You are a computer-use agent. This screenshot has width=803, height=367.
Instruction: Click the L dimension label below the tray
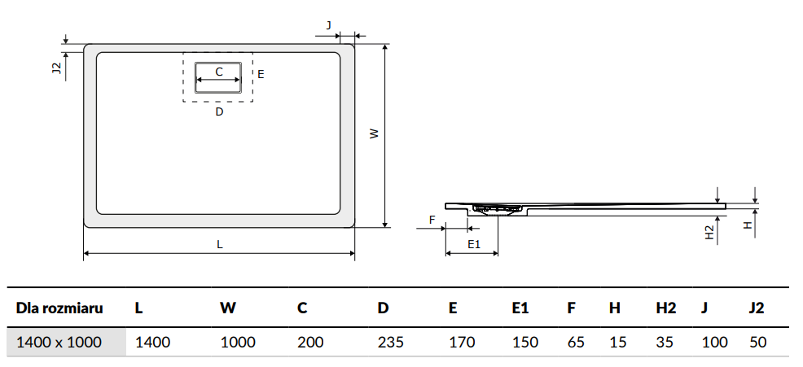coord(219,244)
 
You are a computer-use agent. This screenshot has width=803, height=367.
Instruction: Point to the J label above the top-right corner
coord(328,25)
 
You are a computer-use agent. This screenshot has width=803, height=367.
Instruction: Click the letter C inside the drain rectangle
coord(219,72)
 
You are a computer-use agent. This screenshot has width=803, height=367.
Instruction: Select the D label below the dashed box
coord(219,111)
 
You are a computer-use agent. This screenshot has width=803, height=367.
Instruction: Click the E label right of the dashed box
coord(261,74)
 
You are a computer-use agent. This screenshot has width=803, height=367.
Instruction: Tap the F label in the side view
coord(432,219)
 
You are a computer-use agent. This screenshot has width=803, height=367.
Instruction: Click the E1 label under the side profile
coord(473,244)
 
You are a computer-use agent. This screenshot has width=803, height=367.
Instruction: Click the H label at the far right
coord(747,225)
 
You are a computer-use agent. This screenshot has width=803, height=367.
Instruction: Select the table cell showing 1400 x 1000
coord(59,342)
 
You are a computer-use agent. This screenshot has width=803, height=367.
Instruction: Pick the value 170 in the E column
coord(462,342)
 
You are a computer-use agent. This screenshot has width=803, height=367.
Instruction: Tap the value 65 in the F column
coord(576,342)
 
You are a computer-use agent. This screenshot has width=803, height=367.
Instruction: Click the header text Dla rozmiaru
coord(59,308)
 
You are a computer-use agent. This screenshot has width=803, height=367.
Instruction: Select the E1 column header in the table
coord(520,308)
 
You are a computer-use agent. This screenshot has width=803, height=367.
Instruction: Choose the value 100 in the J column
coord(714,342)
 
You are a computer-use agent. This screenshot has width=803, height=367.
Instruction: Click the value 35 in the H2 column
coord(665,342)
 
